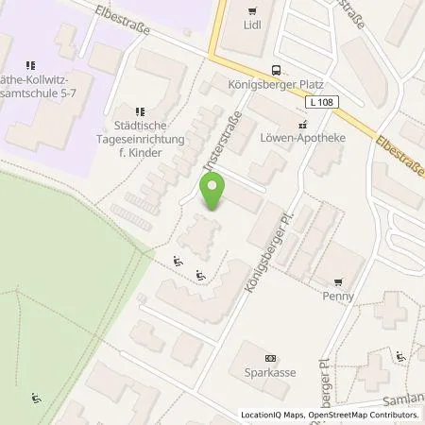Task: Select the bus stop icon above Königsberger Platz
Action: click(276, 68)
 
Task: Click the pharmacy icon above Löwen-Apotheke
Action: click(302, 125)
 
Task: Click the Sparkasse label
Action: click(271, 372)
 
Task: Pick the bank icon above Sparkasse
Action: click(271, 358)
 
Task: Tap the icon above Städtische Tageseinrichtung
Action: click(141, 110)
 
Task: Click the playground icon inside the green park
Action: click(36, 398)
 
